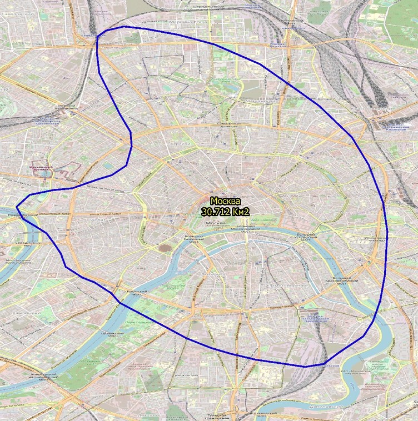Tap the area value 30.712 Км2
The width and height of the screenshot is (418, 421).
click(x=225, y=211)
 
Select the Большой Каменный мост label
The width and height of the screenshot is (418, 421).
click(x=193, y=239)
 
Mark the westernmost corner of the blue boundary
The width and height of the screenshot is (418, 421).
click(x=16, y=207)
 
